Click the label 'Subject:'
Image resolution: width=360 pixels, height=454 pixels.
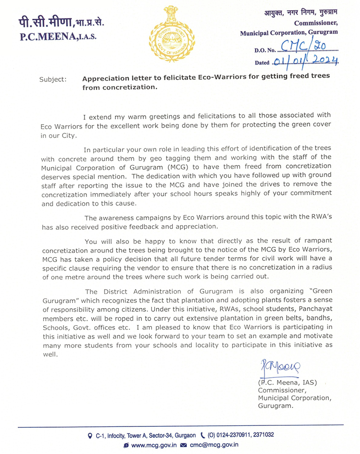tap(53, 79)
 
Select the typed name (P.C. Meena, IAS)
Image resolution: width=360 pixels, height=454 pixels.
tap(287, 383)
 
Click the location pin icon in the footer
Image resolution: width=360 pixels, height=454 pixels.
tap(90, 436)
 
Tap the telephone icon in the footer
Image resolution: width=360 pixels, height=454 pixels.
tap(203, 435)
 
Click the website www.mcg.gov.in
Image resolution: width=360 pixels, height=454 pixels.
tap(154, 445)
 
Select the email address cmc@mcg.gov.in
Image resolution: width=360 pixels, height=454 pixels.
tap(214, 445)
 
